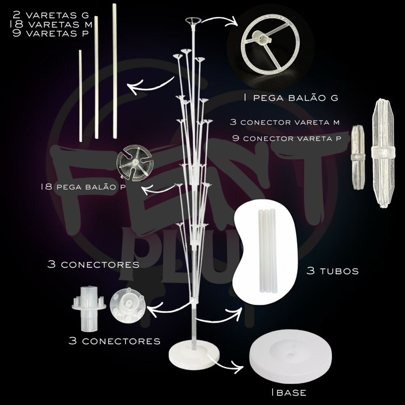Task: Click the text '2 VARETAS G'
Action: (50, 15)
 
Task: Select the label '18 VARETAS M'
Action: (51, 24)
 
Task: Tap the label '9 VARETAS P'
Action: (50, 33)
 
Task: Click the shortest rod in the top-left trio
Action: (80, 96)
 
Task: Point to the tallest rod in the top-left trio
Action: (114, 71)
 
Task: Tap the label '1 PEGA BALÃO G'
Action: (291, 98)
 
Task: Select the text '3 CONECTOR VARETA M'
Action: (285, 122)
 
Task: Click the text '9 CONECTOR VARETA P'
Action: (287, 138)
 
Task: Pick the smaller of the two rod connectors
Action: (358, 157)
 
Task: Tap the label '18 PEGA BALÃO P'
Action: (83, 186)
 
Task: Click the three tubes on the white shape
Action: (267, 251)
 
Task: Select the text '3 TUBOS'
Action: (333, 271)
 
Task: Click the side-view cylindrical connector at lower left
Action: (89, 308)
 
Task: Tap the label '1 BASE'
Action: (289, 393)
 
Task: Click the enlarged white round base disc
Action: (291, 356)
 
